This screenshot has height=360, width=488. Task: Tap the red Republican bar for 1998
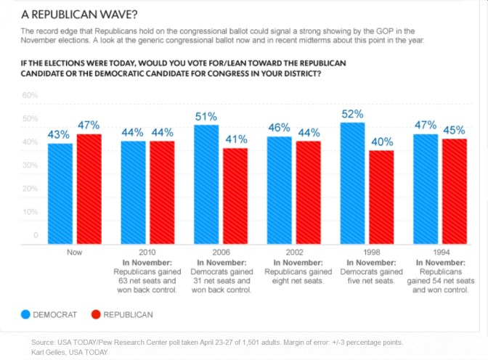pos(382,196)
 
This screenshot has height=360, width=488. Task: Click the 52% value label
pos(352,114)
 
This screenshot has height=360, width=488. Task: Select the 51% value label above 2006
pos(206,116)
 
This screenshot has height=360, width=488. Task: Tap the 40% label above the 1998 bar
pos(382,142)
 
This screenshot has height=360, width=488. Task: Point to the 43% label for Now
pos(60,134)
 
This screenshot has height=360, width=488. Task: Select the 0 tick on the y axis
pos(35,235)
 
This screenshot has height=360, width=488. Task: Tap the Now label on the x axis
pos(74,252)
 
